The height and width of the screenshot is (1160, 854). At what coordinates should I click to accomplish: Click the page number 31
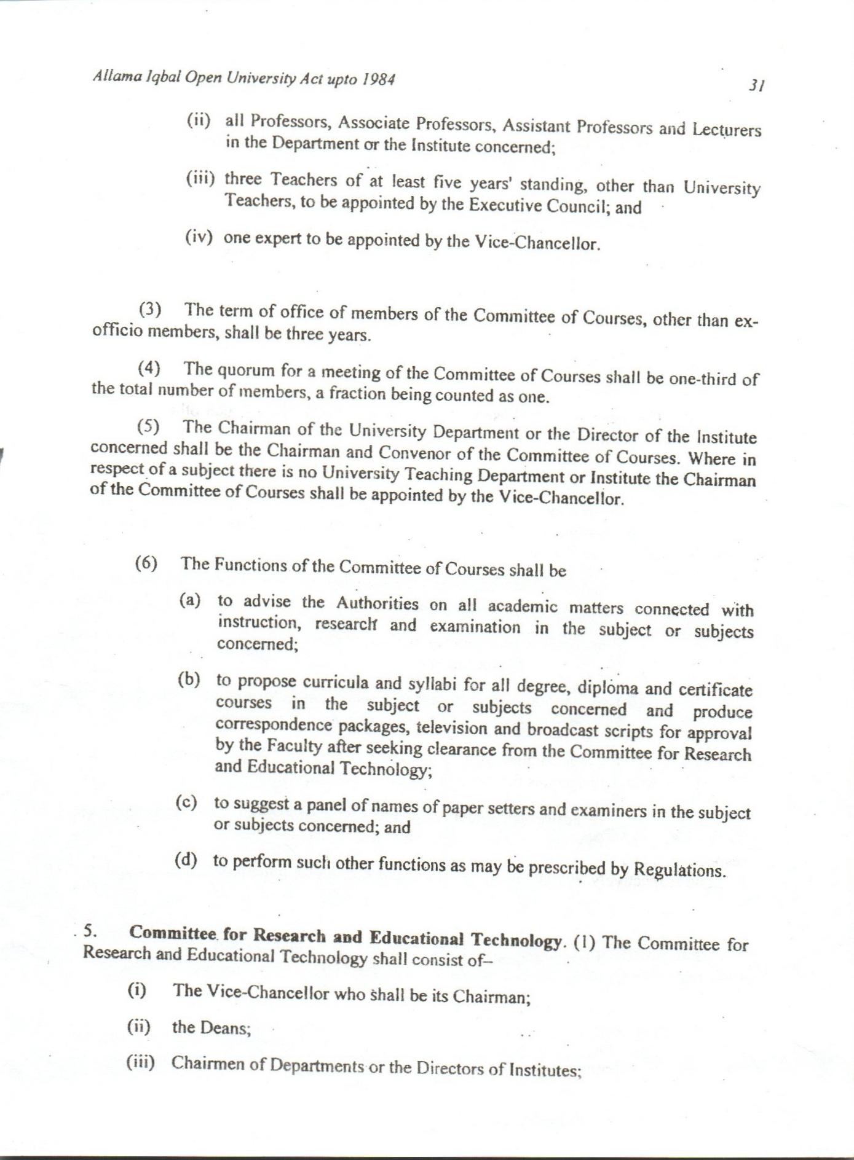click(756, 86)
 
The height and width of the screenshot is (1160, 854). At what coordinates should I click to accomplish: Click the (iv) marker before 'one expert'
click(199, 238)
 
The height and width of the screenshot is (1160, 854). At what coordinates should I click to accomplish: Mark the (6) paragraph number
click(146, 563)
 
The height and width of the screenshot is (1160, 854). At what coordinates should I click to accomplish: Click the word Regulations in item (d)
click(679, 870)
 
